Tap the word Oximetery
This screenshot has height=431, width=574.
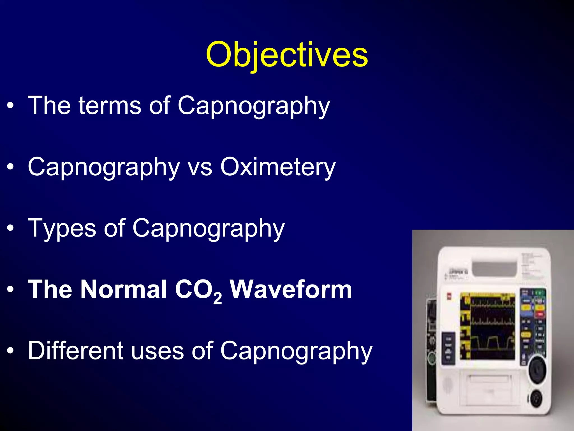pyautogui.click(x=278, y=167)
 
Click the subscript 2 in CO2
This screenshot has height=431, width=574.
pyautogui.click(x=217, y=299)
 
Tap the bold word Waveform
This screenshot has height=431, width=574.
pyautogui.click(x=291, y=289)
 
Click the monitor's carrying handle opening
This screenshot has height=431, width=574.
pyautogui.click(x=494, y=268)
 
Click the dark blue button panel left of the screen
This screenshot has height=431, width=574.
pyautogui.click(x=448, y=348)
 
